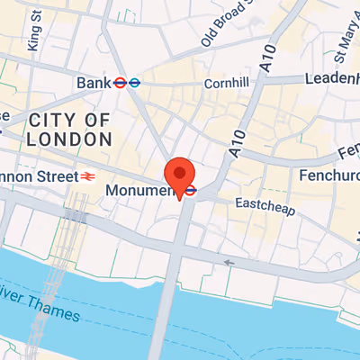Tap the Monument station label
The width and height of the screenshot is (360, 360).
138,191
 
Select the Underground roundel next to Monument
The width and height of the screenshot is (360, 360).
192,191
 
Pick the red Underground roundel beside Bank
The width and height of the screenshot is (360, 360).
119,83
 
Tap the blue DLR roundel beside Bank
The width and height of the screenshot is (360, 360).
133,83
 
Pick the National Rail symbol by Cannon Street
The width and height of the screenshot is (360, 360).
87,176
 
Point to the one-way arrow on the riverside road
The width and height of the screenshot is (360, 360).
229,263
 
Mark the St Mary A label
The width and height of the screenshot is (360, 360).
338,40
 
